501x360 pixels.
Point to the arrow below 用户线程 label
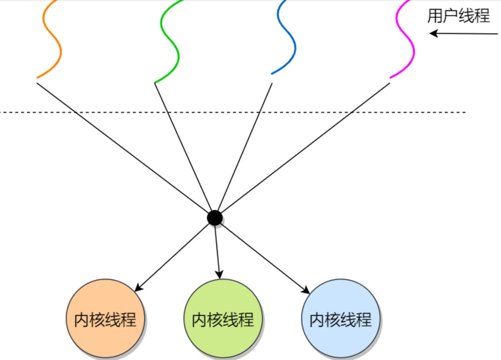click(x=463, y=34)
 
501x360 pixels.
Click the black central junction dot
click(x=215, y=218)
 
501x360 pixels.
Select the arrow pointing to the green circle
click(x=217, y=251)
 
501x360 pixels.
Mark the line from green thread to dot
click(x=182, y=146)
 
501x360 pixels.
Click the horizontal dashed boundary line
click(x=401, y=112)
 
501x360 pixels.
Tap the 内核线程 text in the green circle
click(x=223, y=320)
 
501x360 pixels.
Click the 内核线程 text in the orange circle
click(x=105, y=320)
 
